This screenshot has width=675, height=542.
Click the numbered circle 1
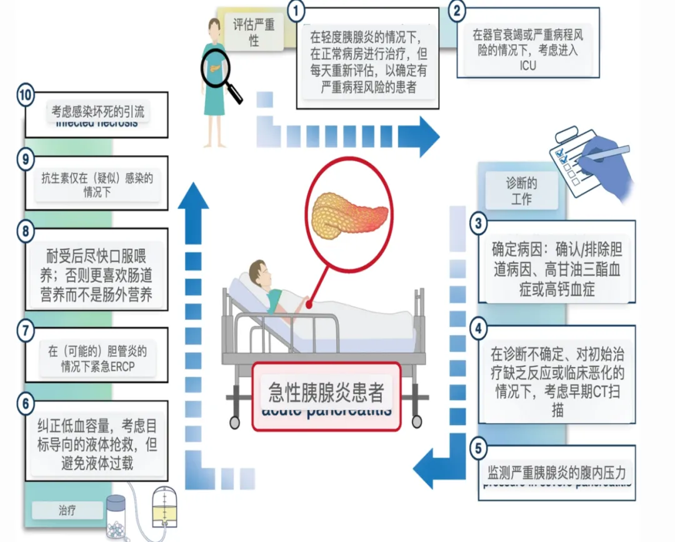297,11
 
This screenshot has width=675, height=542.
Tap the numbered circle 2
458,11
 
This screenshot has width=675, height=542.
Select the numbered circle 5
479,448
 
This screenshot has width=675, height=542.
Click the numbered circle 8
25,232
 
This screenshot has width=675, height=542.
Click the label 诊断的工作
521,191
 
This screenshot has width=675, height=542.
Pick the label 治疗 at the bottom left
67,510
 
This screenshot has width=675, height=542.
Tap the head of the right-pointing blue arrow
427,136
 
